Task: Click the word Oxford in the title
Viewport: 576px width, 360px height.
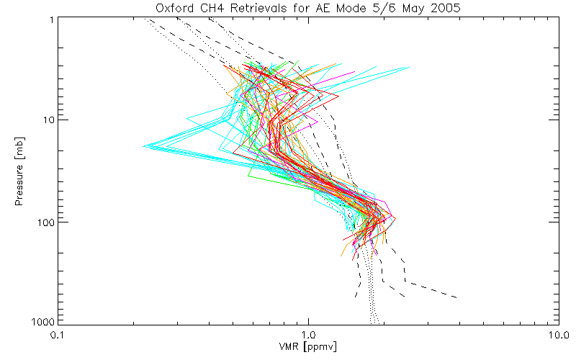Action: tap(173, 9)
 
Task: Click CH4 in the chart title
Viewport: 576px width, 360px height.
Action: tap(210, 9)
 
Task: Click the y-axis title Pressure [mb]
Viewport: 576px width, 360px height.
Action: tap(19, 170)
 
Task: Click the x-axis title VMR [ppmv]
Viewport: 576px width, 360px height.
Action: tap(307, 347)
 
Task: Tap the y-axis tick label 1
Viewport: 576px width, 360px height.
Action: tap(53, 19)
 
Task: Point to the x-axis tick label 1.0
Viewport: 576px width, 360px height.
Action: tap(308, 335)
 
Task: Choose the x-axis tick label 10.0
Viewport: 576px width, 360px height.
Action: tap(556, 335)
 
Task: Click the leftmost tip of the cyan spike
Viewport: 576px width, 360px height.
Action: tap(144, 146)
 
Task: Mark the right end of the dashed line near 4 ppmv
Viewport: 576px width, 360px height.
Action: tap(457, 297)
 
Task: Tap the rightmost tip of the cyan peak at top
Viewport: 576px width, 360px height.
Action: tap(409, 68)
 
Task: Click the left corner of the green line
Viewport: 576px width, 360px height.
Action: tap(248, 175)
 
